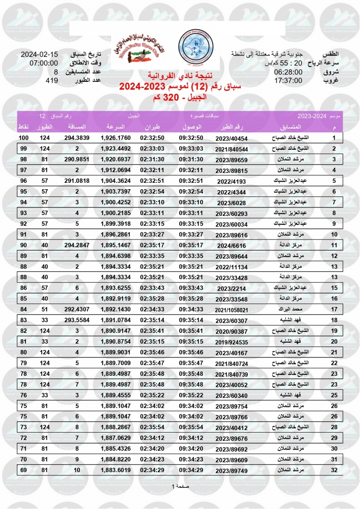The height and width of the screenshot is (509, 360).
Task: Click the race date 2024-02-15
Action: [x=39, y=55]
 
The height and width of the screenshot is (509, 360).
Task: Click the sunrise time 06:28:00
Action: [x=288, y=72]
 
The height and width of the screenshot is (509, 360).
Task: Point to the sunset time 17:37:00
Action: [x=288, y=80]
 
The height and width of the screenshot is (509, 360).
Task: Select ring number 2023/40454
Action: [x=231, y=138]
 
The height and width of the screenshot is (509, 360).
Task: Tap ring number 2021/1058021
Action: [x=231, y=310]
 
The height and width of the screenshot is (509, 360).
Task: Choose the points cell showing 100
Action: [x=23, y=138]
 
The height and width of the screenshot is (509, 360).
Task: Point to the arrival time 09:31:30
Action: [x=191, y=160]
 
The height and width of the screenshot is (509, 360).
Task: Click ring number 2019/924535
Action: [x=231, y=343]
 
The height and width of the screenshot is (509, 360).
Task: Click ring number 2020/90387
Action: [x=231, y=332]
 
